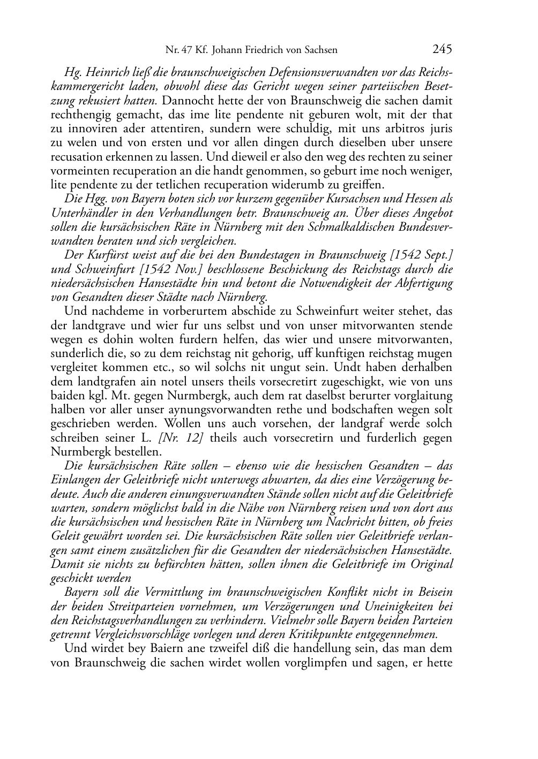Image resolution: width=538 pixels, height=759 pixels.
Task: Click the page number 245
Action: pyautogui.click(x=442, y=49)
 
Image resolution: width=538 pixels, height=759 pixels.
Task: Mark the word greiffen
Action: pyautogui.click(x=363, y=185)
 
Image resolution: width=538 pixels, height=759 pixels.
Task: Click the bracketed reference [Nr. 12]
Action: pyautogui.click(x=181, y=438)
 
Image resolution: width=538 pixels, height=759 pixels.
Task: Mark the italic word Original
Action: pyautogui.click(x=431, y=564)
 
